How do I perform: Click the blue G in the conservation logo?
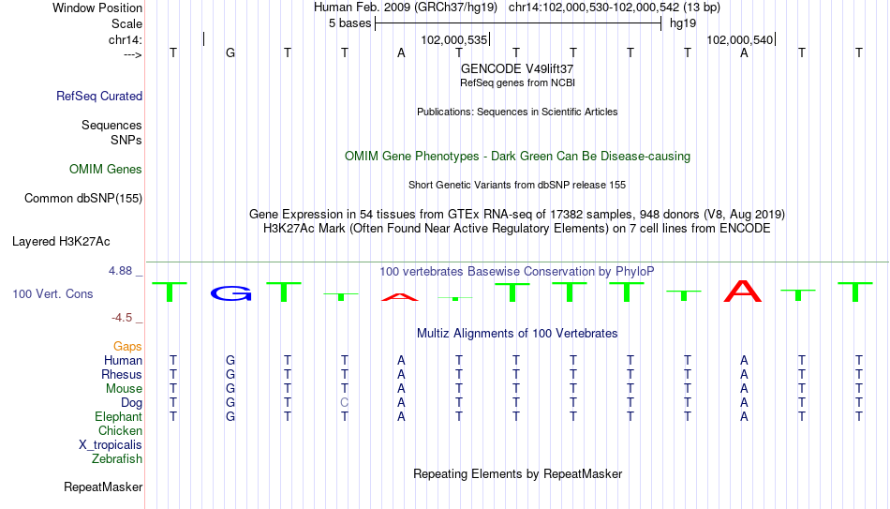pos(230,293)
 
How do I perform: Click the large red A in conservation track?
pos(743,291)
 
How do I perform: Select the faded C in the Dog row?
pos(345,403)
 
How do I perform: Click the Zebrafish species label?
pos(117,459)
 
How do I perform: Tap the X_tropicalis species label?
pos(111,445)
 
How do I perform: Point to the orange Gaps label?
pos(127,347)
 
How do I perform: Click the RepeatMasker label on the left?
pos(103,487)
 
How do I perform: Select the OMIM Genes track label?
pos(106,170)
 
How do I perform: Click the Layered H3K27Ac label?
pos(61,242)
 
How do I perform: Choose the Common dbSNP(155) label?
pos(83,199)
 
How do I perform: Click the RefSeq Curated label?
pos(99,96)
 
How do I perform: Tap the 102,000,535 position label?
pos(454,39)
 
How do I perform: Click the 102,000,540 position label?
pos(740,39)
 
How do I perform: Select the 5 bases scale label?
pos(349,23)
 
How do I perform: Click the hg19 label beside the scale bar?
pos(683,23)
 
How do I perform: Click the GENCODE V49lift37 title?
pos(517,68)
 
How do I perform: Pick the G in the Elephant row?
pos(230,417)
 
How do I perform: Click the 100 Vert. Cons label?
pos(52,293)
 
